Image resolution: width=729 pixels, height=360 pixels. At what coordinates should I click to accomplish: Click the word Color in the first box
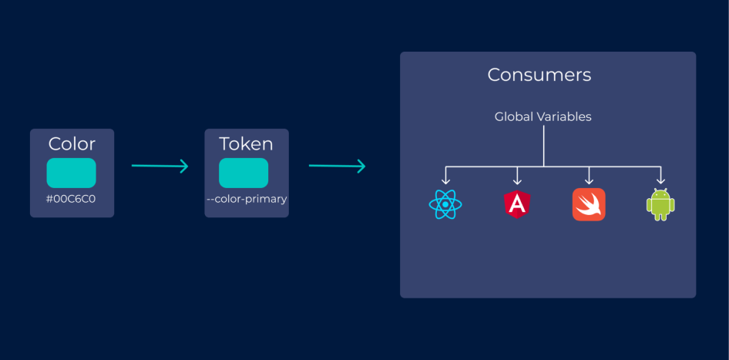click(72, 143)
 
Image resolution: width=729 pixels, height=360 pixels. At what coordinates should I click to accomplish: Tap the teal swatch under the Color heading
click(72, 173)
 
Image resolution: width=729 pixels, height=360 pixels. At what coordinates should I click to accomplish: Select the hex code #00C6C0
click(72, 199)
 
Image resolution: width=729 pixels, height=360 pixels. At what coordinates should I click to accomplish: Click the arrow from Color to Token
click(160, 166)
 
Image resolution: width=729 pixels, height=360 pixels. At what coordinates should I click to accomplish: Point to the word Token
click(246, 143)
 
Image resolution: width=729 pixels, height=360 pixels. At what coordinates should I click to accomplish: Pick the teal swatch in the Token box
click(244, 173)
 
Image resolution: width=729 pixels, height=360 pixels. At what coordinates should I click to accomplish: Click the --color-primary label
click(247, 199)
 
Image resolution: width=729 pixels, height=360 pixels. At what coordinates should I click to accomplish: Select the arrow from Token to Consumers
click(337, 166)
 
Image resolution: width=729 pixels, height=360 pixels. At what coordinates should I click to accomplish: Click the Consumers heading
click(539, 75)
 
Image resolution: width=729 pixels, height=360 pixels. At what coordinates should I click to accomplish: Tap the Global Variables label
click(543, 117)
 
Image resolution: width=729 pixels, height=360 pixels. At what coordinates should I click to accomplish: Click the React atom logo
click(445, 204)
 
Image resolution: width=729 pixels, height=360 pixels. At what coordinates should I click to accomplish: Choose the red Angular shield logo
click(516, 204)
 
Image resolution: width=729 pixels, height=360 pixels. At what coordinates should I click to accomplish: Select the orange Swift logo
click(589, 204)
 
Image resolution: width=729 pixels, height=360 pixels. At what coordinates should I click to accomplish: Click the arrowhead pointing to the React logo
click(445, 179)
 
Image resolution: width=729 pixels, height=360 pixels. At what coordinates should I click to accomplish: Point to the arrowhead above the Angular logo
click(517, 179)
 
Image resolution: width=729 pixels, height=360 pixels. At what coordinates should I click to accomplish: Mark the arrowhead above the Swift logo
click(589, 179)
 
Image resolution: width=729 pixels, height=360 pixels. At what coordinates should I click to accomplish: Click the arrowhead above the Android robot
click(660, 179)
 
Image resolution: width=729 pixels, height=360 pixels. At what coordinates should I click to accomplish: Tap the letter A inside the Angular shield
click(516, 204)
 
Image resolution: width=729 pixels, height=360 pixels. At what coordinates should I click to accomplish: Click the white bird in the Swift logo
click(589, 205)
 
